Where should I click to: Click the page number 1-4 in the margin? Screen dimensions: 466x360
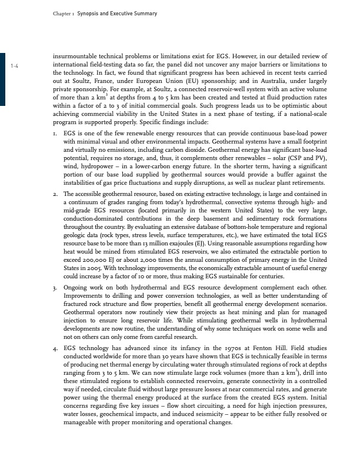[15, 65]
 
